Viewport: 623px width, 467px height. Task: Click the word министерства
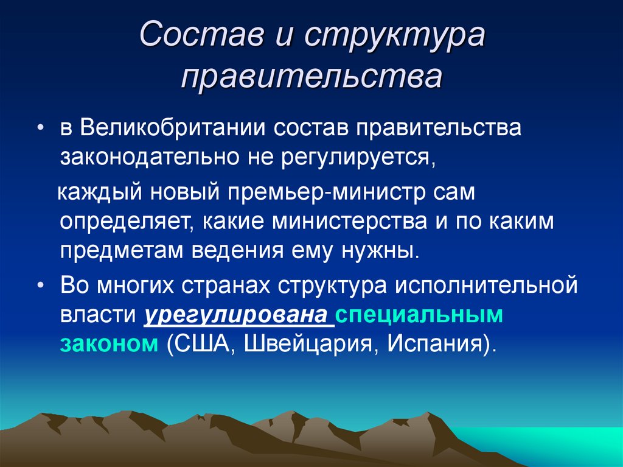(349, 222)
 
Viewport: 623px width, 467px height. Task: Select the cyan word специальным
(420, 315)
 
